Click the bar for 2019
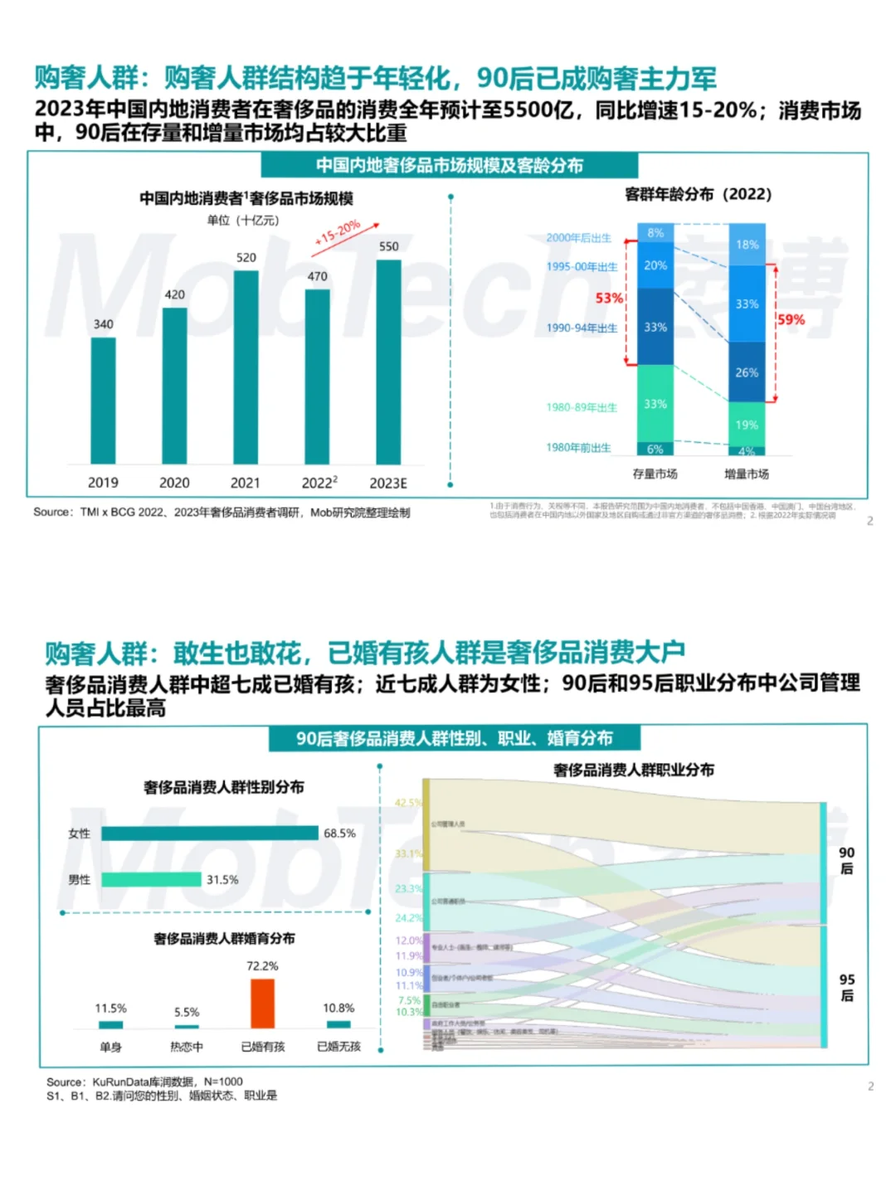coord(103,401)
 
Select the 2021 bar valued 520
coord(246,367)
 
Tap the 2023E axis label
coord(388,484)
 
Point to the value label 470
coord(317,276)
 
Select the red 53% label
coord(608,298)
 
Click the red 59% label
coord(791,319)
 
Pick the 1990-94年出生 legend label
coord(582,328)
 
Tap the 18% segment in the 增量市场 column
coord(747,245)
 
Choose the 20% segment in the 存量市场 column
coord(655,265)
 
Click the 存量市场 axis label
coord(655,474)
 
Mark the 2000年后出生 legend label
coord(578,238)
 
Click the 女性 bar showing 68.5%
coord(209,834)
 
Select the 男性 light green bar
coord(151,880)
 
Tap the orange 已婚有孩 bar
coord(262,1004)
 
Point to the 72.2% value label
coord(262,966)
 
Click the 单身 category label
coord(110,1047)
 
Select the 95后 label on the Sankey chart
coord(846,987)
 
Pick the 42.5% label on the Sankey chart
coord(407,803)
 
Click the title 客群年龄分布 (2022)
coord(698,194)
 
